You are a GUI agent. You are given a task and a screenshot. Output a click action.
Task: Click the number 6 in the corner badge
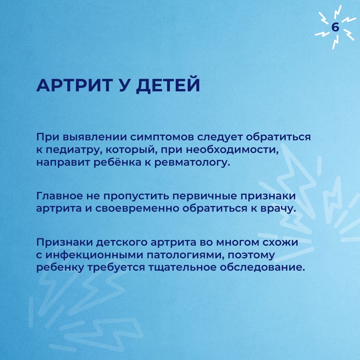pos(335,27)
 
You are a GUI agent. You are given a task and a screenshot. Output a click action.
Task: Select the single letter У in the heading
pos(123,85)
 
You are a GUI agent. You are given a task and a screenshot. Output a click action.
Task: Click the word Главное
pos(59,196)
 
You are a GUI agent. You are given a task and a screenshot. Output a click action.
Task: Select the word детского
pos(121,243)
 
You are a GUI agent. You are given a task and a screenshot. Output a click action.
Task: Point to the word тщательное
pos(182,267)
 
